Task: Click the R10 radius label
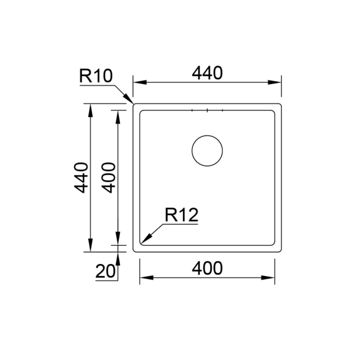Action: click(x=96, y=76)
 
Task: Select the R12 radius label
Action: click(x=181, y=216)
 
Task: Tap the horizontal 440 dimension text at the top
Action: click(x=207, y=73)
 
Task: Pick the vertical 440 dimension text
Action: click(x=81, y=177)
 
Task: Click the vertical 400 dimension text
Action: click(x=109, y=177)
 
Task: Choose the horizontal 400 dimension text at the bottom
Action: click(x=207, y=268)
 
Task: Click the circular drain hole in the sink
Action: click(x=207, y=151)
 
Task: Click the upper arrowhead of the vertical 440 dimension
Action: click(x=90, y=110)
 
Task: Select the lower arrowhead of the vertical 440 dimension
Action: click(x=90, y=245)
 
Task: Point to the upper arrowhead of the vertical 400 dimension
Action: click(x=118, y=116)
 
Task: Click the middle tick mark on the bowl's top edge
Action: click(x=207, y=111)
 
